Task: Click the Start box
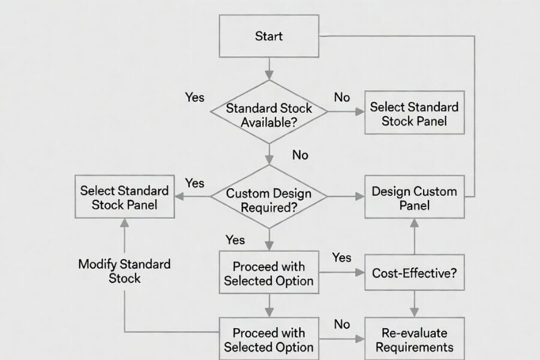[268, 36]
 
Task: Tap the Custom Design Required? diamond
[268, 197]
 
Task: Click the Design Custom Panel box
[414, 197]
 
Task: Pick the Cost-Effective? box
[414, 272]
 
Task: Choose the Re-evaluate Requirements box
[414, 339]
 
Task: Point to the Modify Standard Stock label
[124, 271]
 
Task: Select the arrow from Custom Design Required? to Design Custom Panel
[346, 197]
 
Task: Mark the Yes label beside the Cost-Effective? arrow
[341, 257]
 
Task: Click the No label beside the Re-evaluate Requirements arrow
[341, 324]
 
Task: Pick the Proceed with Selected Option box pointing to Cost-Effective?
[268, 272]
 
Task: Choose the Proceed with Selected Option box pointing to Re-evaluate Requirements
[268, 339]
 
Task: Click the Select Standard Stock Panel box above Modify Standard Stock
[124, 197]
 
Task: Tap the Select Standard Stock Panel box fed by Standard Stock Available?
[414, 113]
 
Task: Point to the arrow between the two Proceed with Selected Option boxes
[268, 305]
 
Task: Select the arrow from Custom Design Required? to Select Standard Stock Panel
[192, 197]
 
